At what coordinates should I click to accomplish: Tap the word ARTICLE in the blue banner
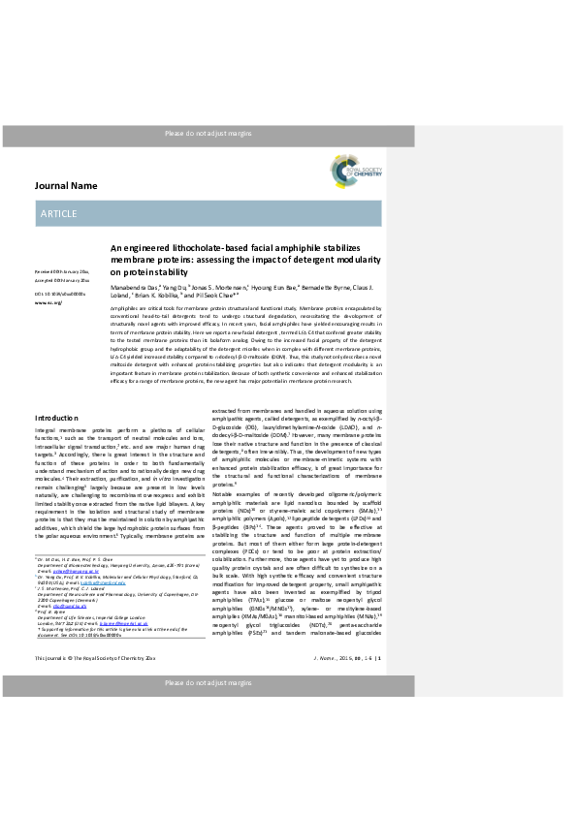(59, 212)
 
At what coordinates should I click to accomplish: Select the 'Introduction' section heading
(56, 445)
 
